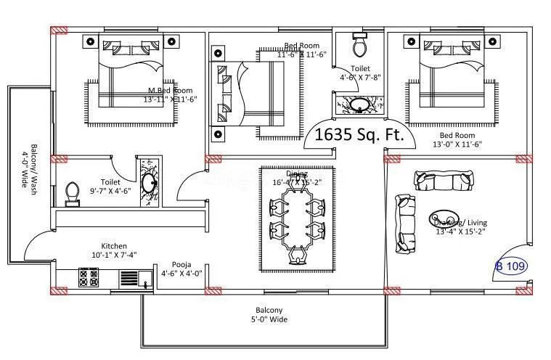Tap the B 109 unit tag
(512, 266)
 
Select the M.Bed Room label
(171, 94)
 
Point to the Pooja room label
(181, 269)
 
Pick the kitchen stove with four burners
(89, 278)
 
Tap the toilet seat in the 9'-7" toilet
(72, 192)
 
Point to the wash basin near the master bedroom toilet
(150, 180)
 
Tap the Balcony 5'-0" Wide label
(268, 314)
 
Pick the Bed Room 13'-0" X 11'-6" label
(457, 139)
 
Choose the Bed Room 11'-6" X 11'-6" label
(303, 50)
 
